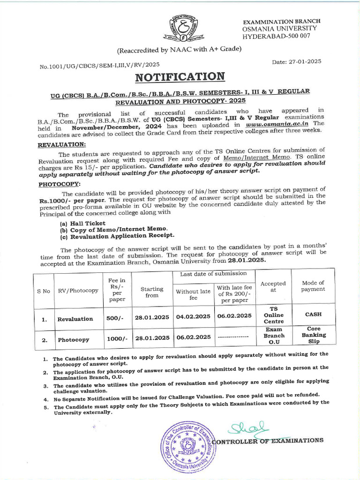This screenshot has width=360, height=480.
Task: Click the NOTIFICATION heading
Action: [x=180, y=76]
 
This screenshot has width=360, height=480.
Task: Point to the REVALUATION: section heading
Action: [x=61, y=145]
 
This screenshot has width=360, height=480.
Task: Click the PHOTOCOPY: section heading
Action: [x=59, y=184]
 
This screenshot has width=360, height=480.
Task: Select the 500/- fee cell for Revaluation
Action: [x=114, y=318]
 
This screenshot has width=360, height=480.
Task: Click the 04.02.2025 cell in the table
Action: [x=193, y=316]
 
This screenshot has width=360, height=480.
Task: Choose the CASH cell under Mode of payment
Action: [x=313, y=315]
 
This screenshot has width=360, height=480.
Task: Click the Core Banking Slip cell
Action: [x=314, y=335]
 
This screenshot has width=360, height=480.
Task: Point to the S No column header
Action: [x=44, y=291]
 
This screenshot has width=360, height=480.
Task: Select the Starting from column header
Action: [x=152, y=292]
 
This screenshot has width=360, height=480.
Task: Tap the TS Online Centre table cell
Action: [x=274, y=315]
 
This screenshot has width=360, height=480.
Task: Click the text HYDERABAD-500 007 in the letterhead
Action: [x=276, y=36]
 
